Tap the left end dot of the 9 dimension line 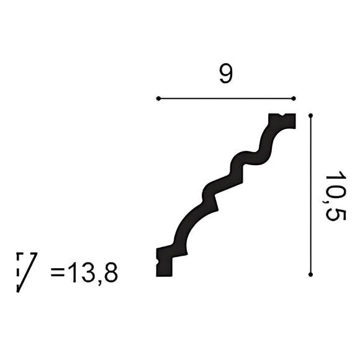point(158,98)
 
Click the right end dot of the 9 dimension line point(294,98)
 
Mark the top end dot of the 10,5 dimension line point(310,115)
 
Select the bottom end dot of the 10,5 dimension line point(310,274)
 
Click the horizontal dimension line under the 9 point(226,98)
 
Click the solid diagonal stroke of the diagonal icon point(28,272)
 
